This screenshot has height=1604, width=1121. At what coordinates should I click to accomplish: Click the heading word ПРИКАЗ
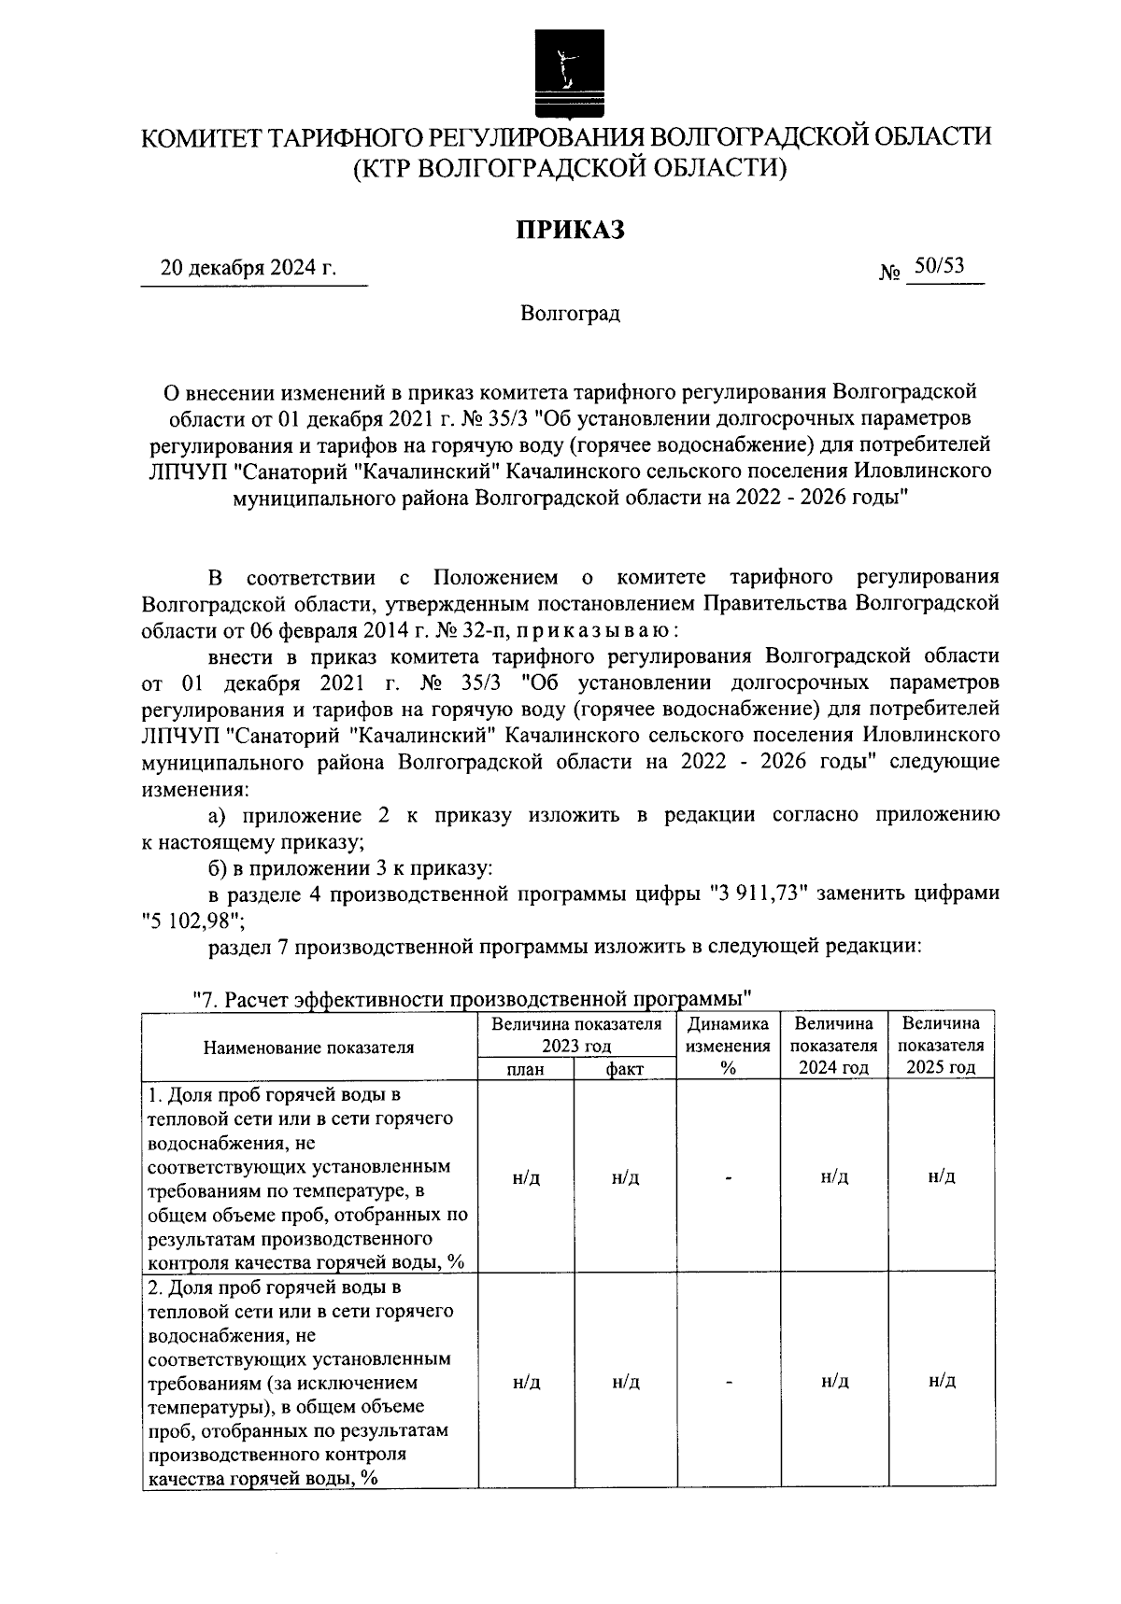(571, 229)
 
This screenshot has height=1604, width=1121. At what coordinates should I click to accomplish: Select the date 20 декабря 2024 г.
(248, 268)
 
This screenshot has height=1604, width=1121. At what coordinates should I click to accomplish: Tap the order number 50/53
(939, 266)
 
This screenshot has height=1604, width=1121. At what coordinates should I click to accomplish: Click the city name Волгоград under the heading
(570, 313)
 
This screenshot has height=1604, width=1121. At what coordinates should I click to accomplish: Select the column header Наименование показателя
(308, 1047)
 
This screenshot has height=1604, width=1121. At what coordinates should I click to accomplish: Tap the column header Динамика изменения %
(728, 1046)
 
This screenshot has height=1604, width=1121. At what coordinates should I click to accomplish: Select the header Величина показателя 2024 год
(834, 1046)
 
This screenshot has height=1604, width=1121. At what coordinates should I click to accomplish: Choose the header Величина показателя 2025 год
(942, 1046)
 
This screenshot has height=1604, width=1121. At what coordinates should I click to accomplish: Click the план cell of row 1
(526, 1177)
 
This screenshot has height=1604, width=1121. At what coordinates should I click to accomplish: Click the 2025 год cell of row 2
(942, 1381)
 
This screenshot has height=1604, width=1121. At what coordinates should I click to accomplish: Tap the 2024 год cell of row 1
(834, 1176)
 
